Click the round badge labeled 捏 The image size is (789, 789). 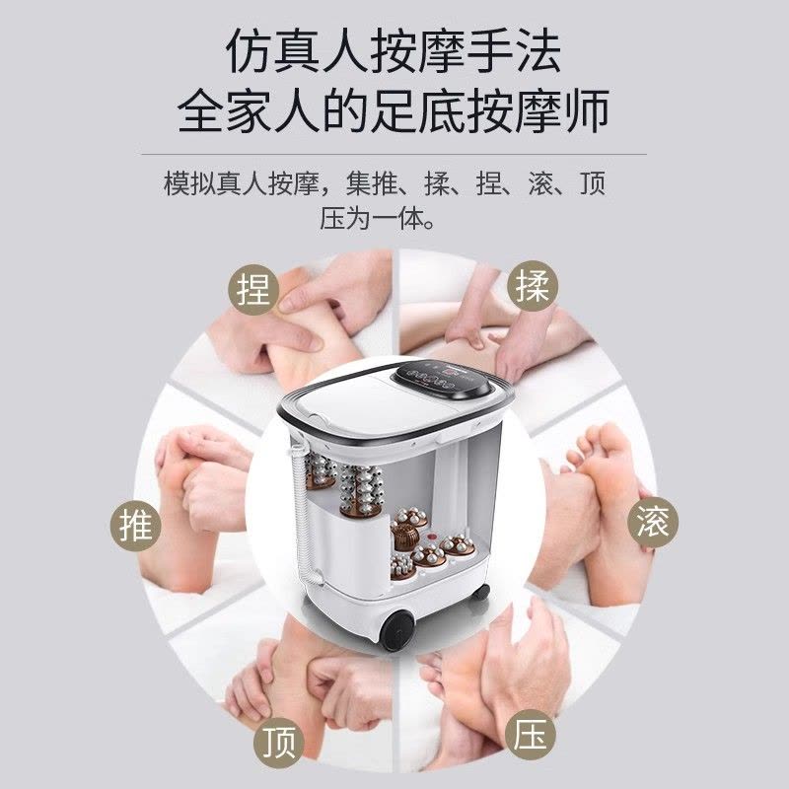[253, 289]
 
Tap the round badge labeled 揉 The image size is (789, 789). [533, 286]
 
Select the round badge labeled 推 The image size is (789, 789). [135, 526]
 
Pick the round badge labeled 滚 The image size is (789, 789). [653, 522]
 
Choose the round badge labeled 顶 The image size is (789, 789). [279, 744]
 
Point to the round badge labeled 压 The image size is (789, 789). [531, 735]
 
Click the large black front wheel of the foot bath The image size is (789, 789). [397, 629]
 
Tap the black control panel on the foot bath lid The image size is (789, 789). [441, 379]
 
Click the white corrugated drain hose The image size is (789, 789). [304, 513]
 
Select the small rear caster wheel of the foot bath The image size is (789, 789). [480, 592]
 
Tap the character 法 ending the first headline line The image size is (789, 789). [538, 51]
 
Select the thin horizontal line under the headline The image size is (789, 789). [394, 154]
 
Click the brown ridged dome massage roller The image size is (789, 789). [405, 537]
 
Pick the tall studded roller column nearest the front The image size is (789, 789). [361, 490]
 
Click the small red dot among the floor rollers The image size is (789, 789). [430, 538]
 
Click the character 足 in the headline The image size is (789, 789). [393, 110]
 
